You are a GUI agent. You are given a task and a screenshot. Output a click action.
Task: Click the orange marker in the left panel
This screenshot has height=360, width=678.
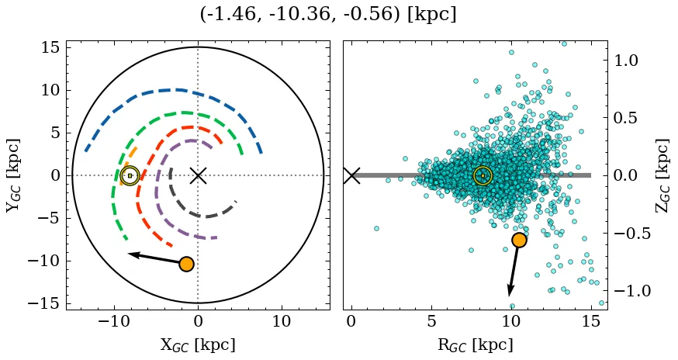pyautogui.click(x=186, y=264)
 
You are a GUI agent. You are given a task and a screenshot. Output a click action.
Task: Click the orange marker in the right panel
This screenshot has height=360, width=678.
pyautogui.click(x=519, y=240)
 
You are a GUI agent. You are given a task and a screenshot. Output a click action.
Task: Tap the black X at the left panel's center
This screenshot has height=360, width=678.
pyautogui.click(x=198, y=175)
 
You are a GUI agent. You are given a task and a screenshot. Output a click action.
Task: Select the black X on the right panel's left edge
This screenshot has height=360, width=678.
pyautogui.click(x=351, y=175)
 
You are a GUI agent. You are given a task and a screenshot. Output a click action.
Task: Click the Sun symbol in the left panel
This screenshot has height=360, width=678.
pyautogui.click(x=130, y=175)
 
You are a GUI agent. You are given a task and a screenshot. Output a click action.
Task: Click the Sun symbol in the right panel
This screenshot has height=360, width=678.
pyautogui.click(x=483, y=175)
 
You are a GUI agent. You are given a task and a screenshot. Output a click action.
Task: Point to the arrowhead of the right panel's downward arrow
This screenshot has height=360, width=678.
pyautogui.click(x=510, y=293)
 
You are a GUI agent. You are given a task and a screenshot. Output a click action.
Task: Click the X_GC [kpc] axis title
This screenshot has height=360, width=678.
pyautogui.click(x=198, y=344)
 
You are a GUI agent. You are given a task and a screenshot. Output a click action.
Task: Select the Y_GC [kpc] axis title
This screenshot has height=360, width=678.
pyautogui.click(x=14, y=175)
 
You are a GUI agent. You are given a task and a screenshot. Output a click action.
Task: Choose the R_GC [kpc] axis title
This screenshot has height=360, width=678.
pyautogui.click(x=476, y=344)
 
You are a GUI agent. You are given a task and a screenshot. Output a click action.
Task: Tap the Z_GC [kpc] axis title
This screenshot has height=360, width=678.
pyautogui.click(x=662, y=175)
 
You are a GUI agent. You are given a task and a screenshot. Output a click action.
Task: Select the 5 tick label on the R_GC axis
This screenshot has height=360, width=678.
pyautogui.click(x=431, y=321)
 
